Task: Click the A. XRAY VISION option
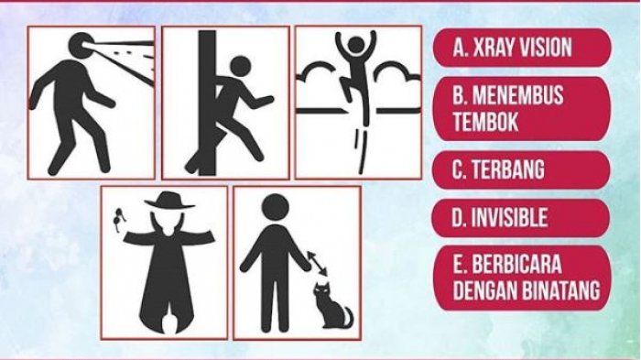tap(522, 48)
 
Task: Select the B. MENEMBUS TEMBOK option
tap(522, 109)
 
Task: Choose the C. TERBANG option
tap(522, 169)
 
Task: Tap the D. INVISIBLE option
tap(522, 218)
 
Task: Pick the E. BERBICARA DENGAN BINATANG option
tap(522, 278)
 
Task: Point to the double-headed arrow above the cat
tap(317, 264)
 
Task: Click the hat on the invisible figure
tap(169, 201)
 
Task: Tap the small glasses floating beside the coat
tap(119, 220)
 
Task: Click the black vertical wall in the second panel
tap(207, 103)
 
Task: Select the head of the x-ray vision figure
tap(81, 46)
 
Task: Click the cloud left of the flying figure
tap(319, 72)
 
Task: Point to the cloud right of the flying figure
tap(398, 71)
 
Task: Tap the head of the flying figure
tap(355, 45)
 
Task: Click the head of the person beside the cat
tap(276, 207)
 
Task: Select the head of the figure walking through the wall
tap(240, 66)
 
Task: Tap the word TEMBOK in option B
tap(485, 122)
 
